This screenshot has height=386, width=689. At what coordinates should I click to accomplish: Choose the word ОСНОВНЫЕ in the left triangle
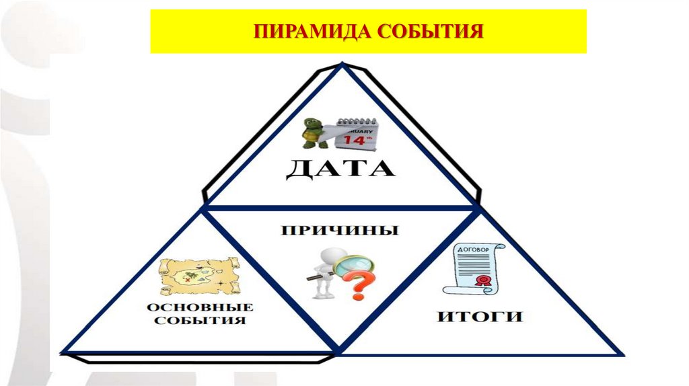click(200, 307)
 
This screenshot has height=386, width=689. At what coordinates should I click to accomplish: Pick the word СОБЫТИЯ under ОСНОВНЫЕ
click(200, 321)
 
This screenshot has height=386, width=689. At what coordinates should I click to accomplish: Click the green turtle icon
click(313, 133)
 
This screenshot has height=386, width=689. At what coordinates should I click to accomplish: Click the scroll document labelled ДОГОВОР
click(474, 268)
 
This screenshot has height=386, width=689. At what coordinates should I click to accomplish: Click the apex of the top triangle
click(342, 65)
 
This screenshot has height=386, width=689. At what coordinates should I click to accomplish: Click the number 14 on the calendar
click(354, 141)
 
